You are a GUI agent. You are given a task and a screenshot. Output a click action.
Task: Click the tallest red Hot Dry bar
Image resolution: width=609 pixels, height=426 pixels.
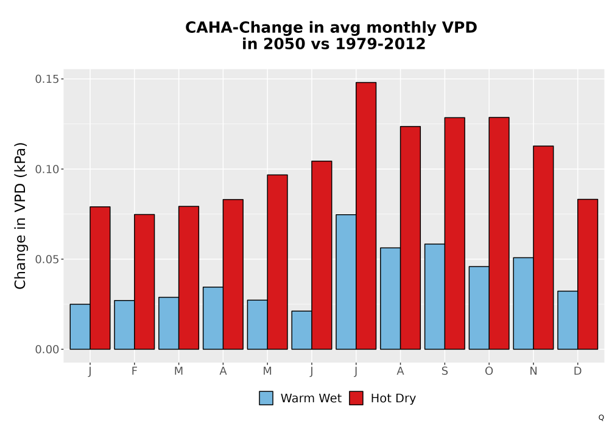click(x=366, y=215)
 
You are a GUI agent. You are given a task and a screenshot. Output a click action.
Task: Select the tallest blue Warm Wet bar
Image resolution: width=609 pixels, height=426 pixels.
click(x=346, y=282)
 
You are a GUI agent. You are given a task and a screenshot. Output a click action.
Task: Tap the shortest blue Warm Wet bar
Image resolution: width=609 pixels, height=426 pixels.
click(x=302, y=330)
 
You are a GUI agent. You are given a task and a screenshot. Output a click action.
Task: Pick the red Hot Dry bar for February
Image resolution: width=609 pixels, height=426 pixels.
click(x=144, y=282)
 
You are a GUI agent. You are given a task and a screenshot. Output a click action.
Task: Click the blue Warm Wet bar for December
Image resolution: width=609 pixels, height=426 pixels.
click(x=568, y=320)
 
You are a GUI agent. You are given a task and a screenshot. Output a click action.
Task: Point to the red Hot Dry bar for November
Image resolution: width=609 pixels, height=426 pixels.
click(x=543, y=248)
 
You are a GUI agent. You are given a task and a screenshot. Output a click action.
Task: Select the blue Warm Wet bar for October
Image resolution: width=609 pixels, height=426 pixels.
click(x=479, y=308)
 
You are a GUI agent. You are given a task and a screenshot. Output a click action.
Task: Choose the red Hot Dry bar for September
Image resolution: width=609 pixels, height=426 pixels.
click(x=455, y=233)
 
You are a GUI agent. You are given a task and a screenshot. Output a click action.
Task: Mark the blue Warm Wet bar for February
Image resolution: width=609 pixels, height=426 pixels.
click(x=124, y=325)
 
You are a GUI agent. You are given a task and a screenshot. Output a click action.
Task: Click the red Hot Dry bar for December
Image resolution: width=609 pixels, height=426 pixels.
click(x=588, y=274)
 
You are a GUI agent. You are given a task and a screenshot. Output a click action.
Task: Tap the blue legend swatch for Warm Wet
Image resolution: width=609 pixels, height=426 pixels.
click(x=266, y=398)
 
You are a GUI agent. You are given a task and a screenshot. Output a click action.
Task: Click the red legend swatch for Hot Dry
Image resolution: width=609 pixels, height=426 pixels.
click(x=356, y=398)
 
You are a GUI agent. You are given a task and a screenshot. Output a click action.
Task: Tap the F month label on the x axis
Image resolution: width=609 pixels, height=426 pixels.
click(x=135, y=371)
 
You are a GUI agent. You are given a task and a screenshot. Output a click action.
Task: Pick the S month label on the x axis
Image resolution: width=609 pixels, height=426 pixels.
click(x=445, y=371)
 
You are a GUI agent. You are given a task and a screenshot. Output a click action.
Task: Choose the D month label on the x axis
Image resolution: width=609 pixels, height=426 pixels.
click(x=578, y=371)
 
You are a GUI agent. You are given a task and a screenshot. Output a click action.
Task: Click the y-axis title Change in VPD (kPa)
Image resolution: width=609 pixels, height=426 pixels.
click(x=20, y=215)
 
